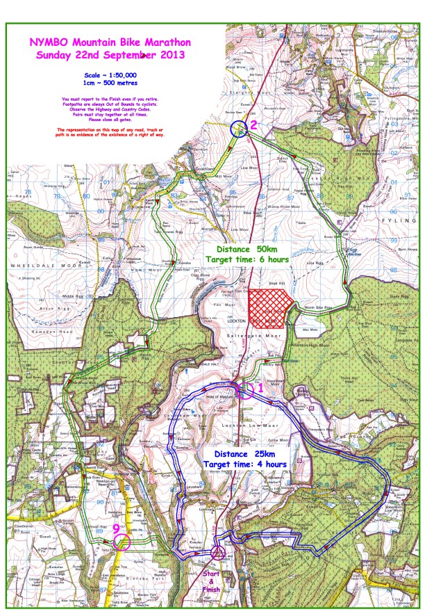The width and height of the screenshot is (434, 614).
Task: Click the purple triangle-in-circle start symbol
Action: tap(218, 553)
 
